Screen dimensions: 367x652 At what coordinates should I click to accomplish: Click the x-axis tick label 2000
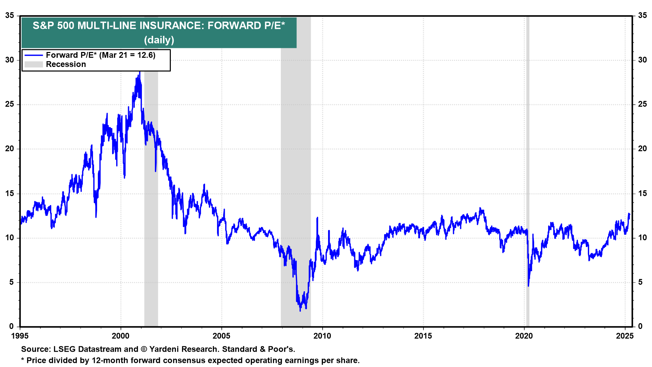point(121,336)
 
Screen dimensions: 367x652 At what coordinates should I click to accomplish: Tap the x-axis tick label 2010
point(322,336)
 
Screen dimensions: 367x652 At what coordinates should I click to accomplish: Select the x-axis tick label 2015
point(423,336)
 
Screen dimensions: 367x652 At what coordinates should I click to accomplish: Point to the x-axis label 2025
point(625,336)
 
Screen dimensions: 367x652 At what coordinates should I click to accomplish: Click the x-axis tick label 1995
point(20,336)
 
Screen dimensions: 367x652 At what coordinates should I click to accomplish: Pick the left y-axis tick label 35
point(10,16)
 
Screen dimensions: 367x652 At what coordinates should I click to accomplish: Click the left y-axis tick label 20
point(10,149)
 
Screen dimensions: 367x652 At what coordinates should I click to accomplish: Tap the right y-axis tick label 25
point(642,104)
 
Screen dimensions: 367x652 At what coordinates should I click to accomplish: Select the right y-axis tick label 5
point(640,282)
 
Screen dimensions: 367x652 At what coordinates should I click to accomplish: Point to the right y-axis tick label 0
point(640,327)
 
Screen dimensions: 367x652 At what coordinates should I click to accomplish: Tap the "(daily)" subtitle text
point(159,40)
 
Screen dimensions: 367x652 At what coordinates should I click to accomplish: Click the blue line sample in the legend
point(34,55)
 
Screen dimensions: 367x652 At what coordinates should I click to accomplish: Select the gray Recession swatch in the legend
point(34,65)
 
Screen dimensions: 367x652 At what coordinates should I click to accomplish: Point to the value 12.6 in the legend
point(146,55)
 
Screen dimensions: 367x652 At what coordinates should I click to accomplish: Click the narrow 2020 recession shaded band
point(527,170)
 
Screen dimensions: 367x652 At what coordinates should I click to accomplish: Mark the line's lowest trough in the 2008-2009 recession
point(300,310)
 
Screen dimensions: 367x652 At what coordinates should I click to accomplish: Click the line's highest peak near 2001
point(140,72)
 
